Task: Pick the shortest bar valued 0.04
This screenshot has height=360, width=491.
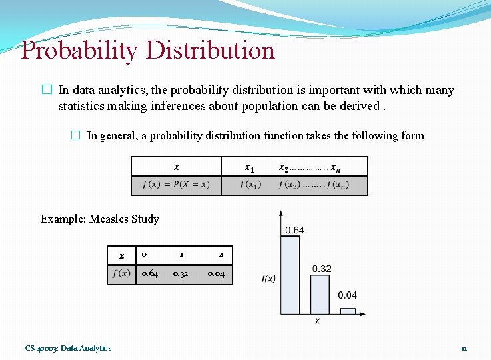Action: click(348, 311)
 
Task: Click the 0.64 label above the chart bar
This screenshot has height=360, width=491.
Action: click(295, 230)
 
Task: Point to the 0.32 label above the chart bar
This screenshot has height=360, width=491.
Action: click(322, 269)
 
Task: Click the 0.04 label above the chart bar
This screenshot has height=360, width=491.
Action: click(347, 295)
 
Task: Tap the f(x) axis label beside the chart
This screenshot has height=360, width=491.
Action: click(268, 279)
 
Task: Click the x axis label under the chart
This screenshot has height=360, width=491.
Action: click(317, 321)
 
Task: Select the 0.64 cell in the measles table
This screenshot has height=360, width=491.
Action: click(150, 274)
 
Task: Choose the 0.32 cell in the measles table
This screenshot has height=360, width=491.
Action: click(181, 274)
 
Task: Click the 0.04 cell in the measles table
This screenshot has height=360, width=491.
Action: click(216, 274)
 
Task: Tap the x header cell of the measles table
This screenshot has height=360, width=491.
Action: click(121, 256)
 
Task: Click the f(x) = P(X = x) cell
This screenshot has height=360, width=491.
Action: click(176, 185)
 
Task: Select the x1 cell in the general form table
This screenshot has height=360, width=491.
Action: click(249, 167)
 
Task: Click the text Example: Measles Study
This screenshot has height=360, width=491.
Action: click(100, 219)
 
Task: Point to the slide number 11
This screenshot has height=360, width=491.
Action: click(464, 348)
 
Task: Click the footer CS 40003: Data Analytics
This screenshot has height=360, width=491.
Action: click(69, 348)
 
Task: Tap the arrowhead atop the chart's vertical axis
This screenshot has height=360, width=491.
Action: click(281, 214)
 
